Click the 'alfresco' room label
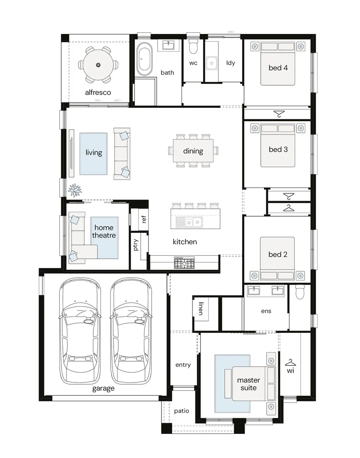pyautogui.click(x=98, y=92)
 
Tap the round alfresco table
pyautogui.click(x=98, y=65)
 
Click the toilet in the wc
pyautogui.click(x=193, y=46)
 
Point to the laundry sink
pyautogui.click(x=212, y=63)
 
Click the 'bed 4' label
pyautogui.click(x=278, y=68)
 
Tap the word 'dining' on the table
pyautogui.click(x=193, y=151)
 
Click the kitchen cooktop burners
pyautogui.click(x=184, y=263)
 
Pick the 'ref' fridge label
pyautogui.click(x=143, y=219)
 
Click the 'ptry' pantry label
pyautogui.click(x=135, y=245)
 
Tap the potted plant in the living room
pyautogui.click(x=75, y=190)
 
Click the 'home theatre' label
pyautogui.click(x=104, y=232)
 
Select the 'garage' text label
pyautogui.click(x=103, y=388)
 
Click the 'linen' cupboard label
pyautogui.click(x=201, y=308)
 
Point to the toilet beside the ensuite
pyautogui.click(x=300, y=292)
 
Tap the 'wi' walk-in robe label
pyautogui.click(x=290, y=371)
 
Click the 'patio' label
pyautogui.click(x=181, y=411)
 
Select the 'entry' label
pyautogui.click(x=183, y=365)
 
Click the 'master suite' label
pyautogui.click(x=248, y=384)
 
